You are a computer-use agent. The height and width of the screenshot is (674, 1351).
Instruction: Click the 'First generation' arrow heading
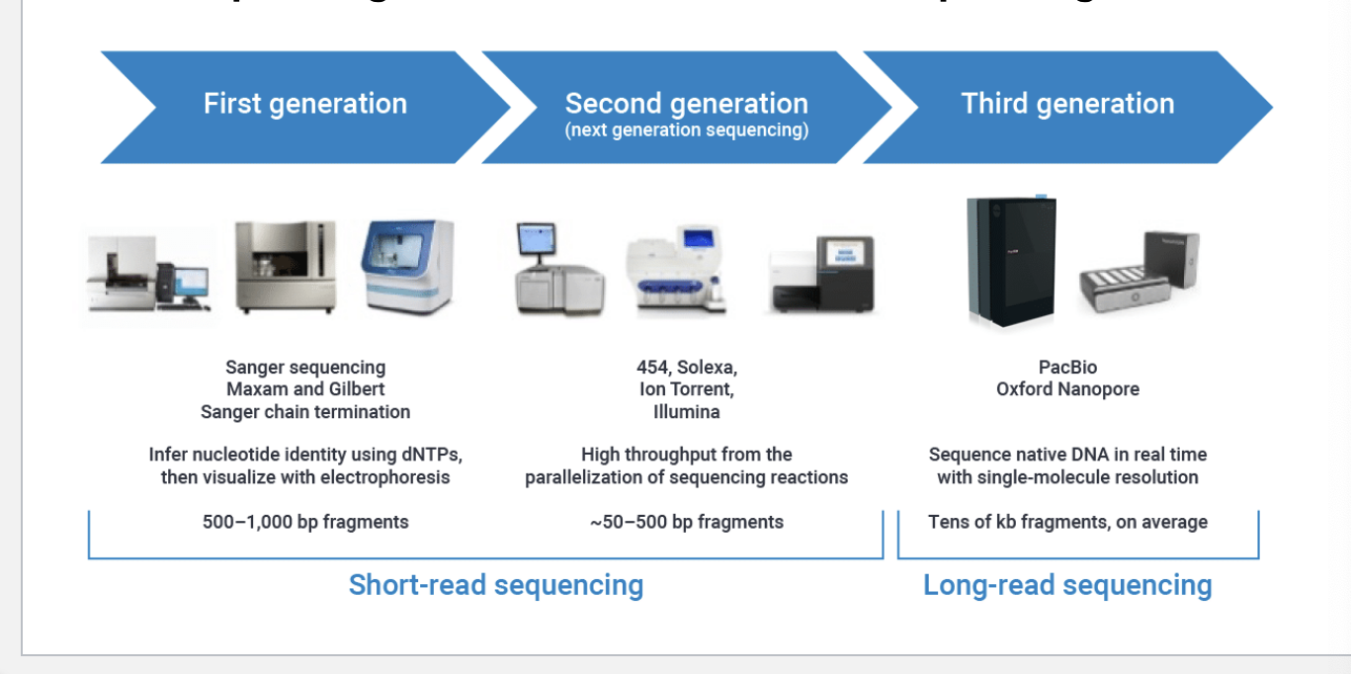[304, 104]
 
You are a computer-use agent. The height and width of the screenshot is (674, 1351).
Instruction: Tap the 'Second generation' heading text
[686, 103]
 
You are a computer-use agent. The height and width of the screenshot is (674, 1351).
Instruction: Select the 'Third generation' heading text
[1067, 104]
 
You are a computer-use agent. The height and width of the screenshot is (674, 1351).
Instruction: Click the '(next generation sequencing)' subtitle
[686, 130]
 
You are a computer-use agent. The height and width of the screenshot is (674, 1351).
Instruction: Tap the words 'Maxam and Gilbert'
[305, 389]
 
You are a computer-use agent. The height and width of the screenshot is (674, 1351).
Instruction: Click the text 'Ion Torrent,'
[686, 389]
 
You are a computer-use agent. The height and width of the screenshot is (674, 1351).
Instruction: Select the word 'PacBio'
[1067, 368]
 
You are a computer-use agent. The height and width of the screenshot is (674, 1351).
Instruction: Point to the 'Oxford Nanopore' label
[1067, 389]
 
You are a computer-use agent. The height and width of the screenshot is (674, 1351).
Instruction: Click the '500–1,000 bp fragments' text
[305, 522]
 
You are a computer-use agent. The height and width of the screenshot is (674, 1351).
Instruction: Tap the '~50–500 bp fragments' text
[686, 522]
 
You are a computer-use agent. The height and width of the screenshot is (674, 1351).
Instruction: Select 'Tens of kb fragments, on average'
[1067, 522]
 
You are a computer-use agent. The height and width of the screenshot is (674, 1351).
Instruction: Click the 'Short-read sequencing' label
[495, 585]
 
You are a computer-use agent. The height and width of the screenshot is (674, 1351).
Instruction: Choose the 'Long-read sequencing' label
[1067, 585]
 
